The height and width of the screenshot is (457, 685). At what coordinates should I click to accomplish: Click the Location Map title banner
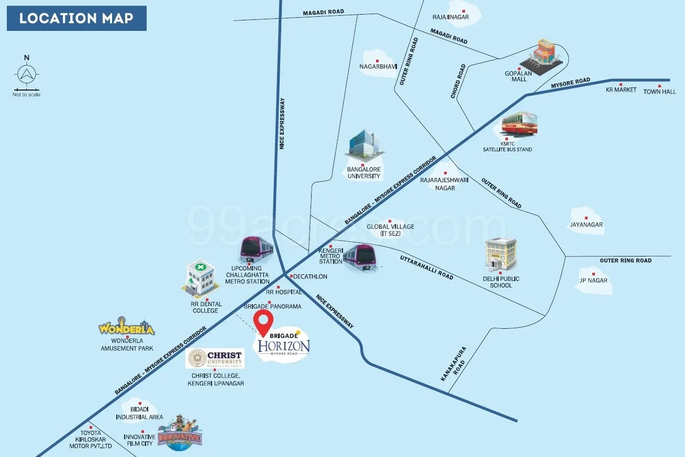click(76, 19)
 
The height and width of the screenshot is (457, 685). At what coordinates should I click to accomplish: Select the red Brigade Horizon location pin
click(263, 322)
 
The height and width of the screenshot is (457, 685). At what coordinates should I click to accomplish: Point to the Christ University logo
click(215, 359)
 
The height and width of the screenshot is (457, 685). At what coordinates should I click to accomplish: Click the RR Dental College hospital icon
click(200, 278)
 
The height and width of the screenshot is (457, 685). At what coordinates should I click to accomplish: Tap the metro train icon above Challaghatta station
click(257, 250)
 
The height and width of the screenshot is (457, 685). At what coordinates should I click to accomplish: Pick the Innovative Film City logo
click(180, 433)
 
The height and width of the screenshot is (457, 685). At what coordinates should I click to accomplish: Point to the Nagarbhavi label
click(378, 66)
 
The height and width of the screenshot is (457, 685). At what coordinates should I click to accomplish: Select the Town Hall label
click(659, 92)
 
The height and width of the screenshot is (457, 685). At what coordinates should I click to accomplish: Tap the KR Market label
click(621, 90)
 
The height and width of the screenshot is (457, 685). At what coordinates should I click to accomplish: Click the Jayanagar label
click(587, 225)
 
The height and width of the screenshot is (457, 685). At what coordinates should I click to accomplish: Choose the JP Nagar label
click(593, 280)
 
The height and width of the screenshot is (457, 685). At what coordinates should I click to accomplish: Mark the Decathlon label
click(310, 276)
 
